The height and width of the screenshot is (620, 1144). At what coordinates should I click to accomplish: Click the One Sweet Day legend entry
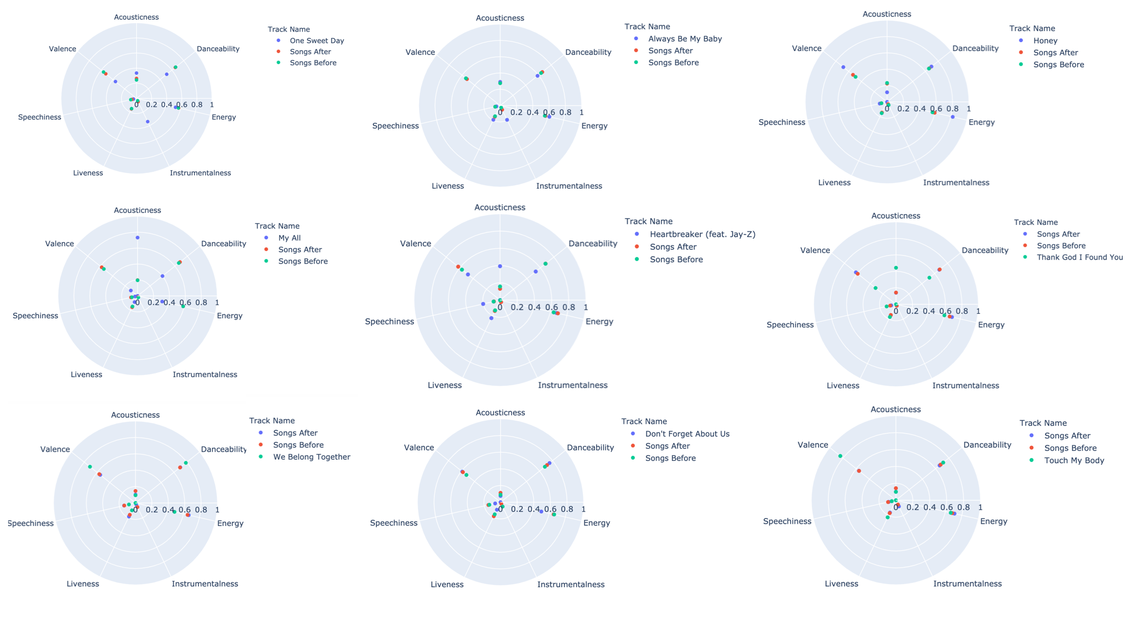click(x=317, y=41)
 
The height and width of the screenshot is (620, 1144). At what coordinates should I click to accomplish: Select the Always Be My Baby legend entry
click(x=684, y=39)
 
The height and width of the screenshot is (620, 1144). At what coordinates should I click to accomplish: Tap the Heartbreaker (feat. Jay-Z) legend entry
click(x=702, y=234)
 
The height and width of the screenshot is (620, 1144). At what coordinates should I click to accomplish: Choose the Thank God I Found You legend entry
click(x=1079, y=257)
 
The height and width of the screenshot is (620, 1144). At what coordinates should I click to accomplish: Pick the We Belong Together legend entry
click(x=311, y=457)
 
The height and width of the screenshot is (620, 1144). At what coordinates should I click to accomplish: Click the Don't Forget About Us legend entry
click(x=687, y=434)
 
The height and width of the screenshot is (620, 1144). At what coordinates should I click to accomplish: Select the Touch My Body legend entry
click(x=1074, y=460)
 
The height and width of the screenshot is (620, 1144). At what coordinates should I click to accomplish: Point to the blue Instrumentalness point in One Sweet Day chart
click(x=148, y=122)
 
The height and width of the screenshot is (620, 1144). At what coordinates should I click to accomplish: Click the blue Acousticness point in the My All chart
click(x=137, y=238)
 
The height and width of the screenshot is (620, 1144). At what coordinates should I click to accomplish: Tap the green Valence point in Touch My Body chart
click(x=840, y=456)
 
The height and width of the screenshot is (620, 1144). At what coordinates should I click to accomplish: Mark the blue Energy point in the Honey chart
click(x=953, y=117)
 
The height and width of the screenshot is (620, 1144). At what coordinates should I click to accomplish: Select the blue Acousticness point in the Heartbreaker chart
click(x=500, y=266)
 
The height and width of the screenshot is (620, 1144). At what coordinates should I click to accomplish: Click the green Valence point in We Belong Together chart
click(x=90, y=467)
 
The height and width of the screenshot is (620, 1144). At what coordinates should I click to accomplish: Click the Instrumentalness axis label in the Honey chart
click(x=956, y=183)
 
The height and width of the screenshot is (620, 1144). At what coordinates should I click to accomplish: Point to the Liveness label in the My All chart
click(x=86, y=375)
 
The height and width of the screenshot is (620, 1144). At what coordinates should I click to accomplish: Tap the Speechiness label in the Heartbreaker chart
click(x=389, y=322)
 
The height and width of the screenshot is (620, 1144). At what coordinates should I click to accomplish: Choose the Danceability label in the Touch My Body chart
click(x=987, y=445)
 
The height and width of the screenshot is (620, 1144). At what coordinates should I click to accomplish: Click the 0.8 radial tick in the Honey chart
click(x=953, y=109)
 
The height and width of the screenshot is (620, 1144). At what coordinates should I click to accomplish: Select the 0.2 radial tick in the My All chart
click(x=153, y=303)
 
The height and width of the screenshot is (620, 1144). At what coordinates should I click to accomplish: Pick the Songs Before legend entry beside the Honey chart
click(x=1058, y=65)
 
